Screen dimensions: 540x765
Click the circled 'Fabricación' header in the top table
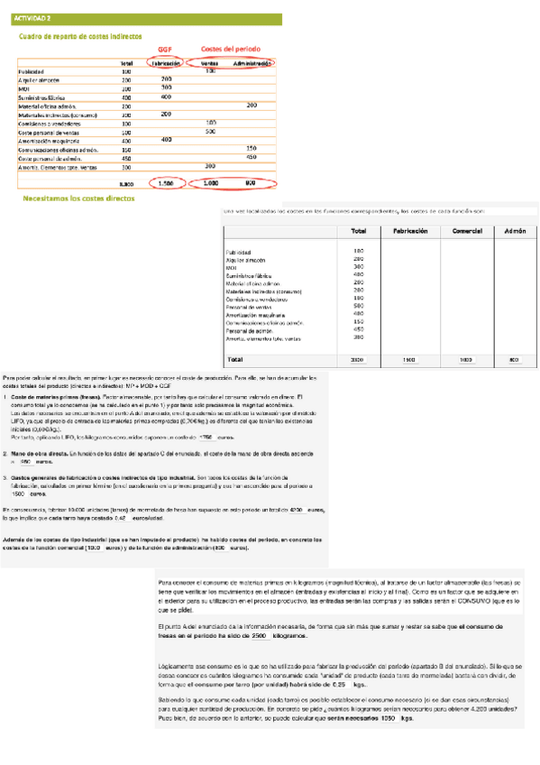point(167,63)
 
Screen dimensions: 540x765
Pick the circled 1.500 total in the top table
point(166,183)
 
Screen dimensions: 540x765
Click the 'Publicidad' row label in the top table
point(32,71)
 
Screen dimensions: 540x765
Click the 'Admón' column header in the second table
point(514,232)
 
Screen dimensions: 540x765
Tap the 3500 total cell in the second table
point(357,360)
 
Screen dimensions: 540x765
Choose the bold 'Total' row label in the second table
point(235,359)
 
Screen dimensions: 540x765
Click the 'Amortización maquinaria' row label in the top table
point(50,141)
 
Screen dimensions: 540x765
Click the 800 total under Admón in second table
point(514,360)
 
